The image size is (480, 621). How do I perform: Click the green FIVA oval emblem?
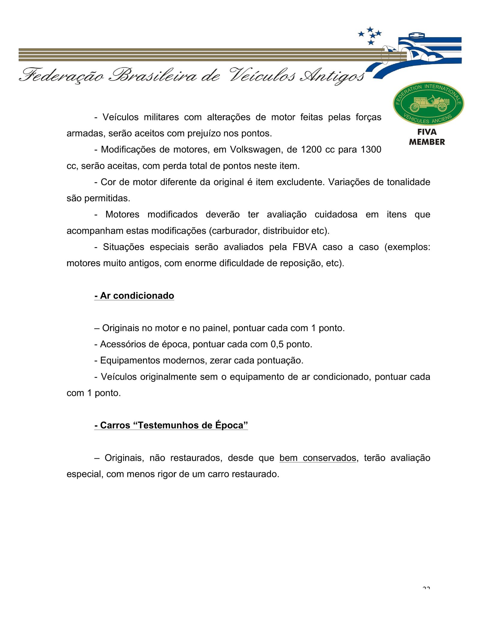coord(428,103)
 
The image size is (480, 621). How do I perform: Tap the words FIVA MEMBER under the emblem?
coord(427,137)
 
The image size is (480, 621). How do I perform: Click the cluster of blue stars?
coord(370,35)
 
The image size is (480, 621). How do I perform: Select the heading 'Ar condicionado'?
coord(134,296)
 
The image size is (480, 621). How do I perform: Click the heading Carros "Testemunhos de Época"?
coord(171,425)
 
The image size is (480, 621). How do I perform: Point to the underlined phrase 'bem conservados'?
coord(318,458)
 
